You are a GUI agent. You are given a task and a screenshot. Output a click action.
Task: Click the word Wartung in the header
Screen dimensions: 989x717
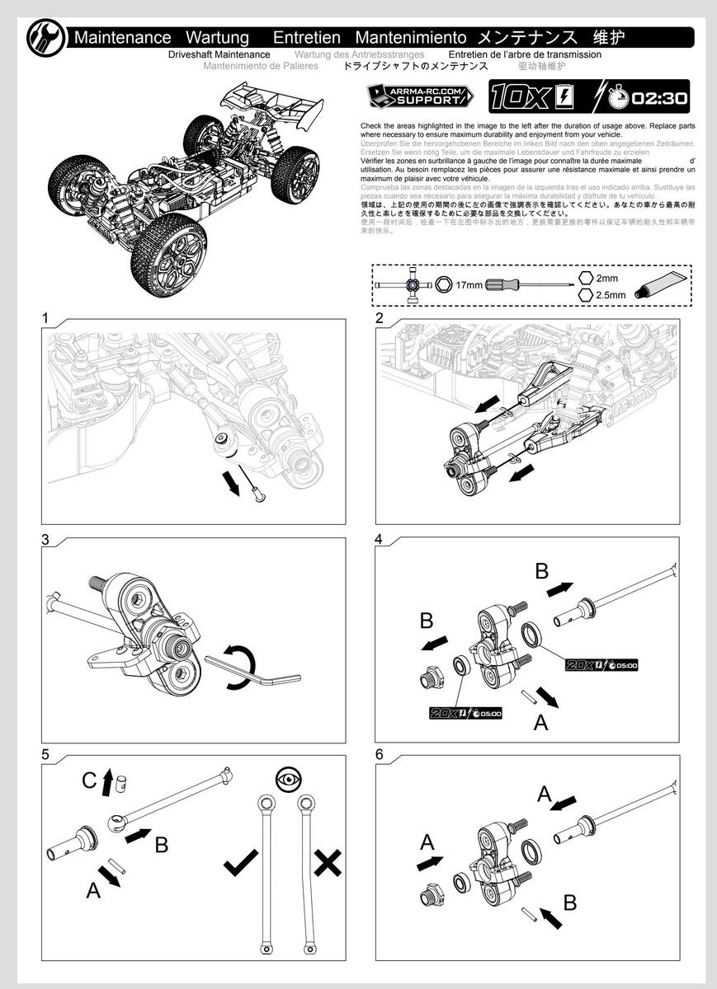point(217,37)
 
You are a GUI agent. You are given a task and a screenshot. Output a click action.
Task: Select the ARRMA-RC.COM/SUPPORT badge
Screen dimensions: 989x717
point(420,96)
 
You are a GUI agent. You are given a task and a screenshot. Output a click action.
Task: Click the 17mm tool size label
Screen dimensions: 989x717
point(468,284)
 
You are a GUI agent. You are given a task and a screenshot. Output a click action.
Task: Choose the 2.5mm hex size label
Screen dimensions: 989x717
point(611,294)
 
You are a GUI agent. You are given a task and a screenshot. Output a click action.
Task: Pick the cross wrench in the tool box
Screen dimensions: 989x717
point(408,284)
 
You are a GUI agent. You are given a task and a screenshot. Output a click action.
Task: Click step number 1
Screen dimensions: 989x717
point(45,318)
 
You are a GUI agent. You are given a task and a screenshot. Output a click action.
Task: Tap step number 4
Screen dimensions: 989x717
point(379,540)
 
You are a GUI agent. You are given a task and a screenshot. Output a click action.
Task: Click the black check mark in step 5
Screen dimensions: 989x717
point(241,864)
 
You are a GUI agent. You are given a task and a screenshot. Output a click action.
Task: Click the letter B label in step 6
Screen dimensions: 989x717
point(569,902)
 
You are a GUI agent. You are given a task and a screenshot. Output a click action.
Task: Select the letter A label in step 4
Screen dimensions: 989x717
point(541,723)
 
